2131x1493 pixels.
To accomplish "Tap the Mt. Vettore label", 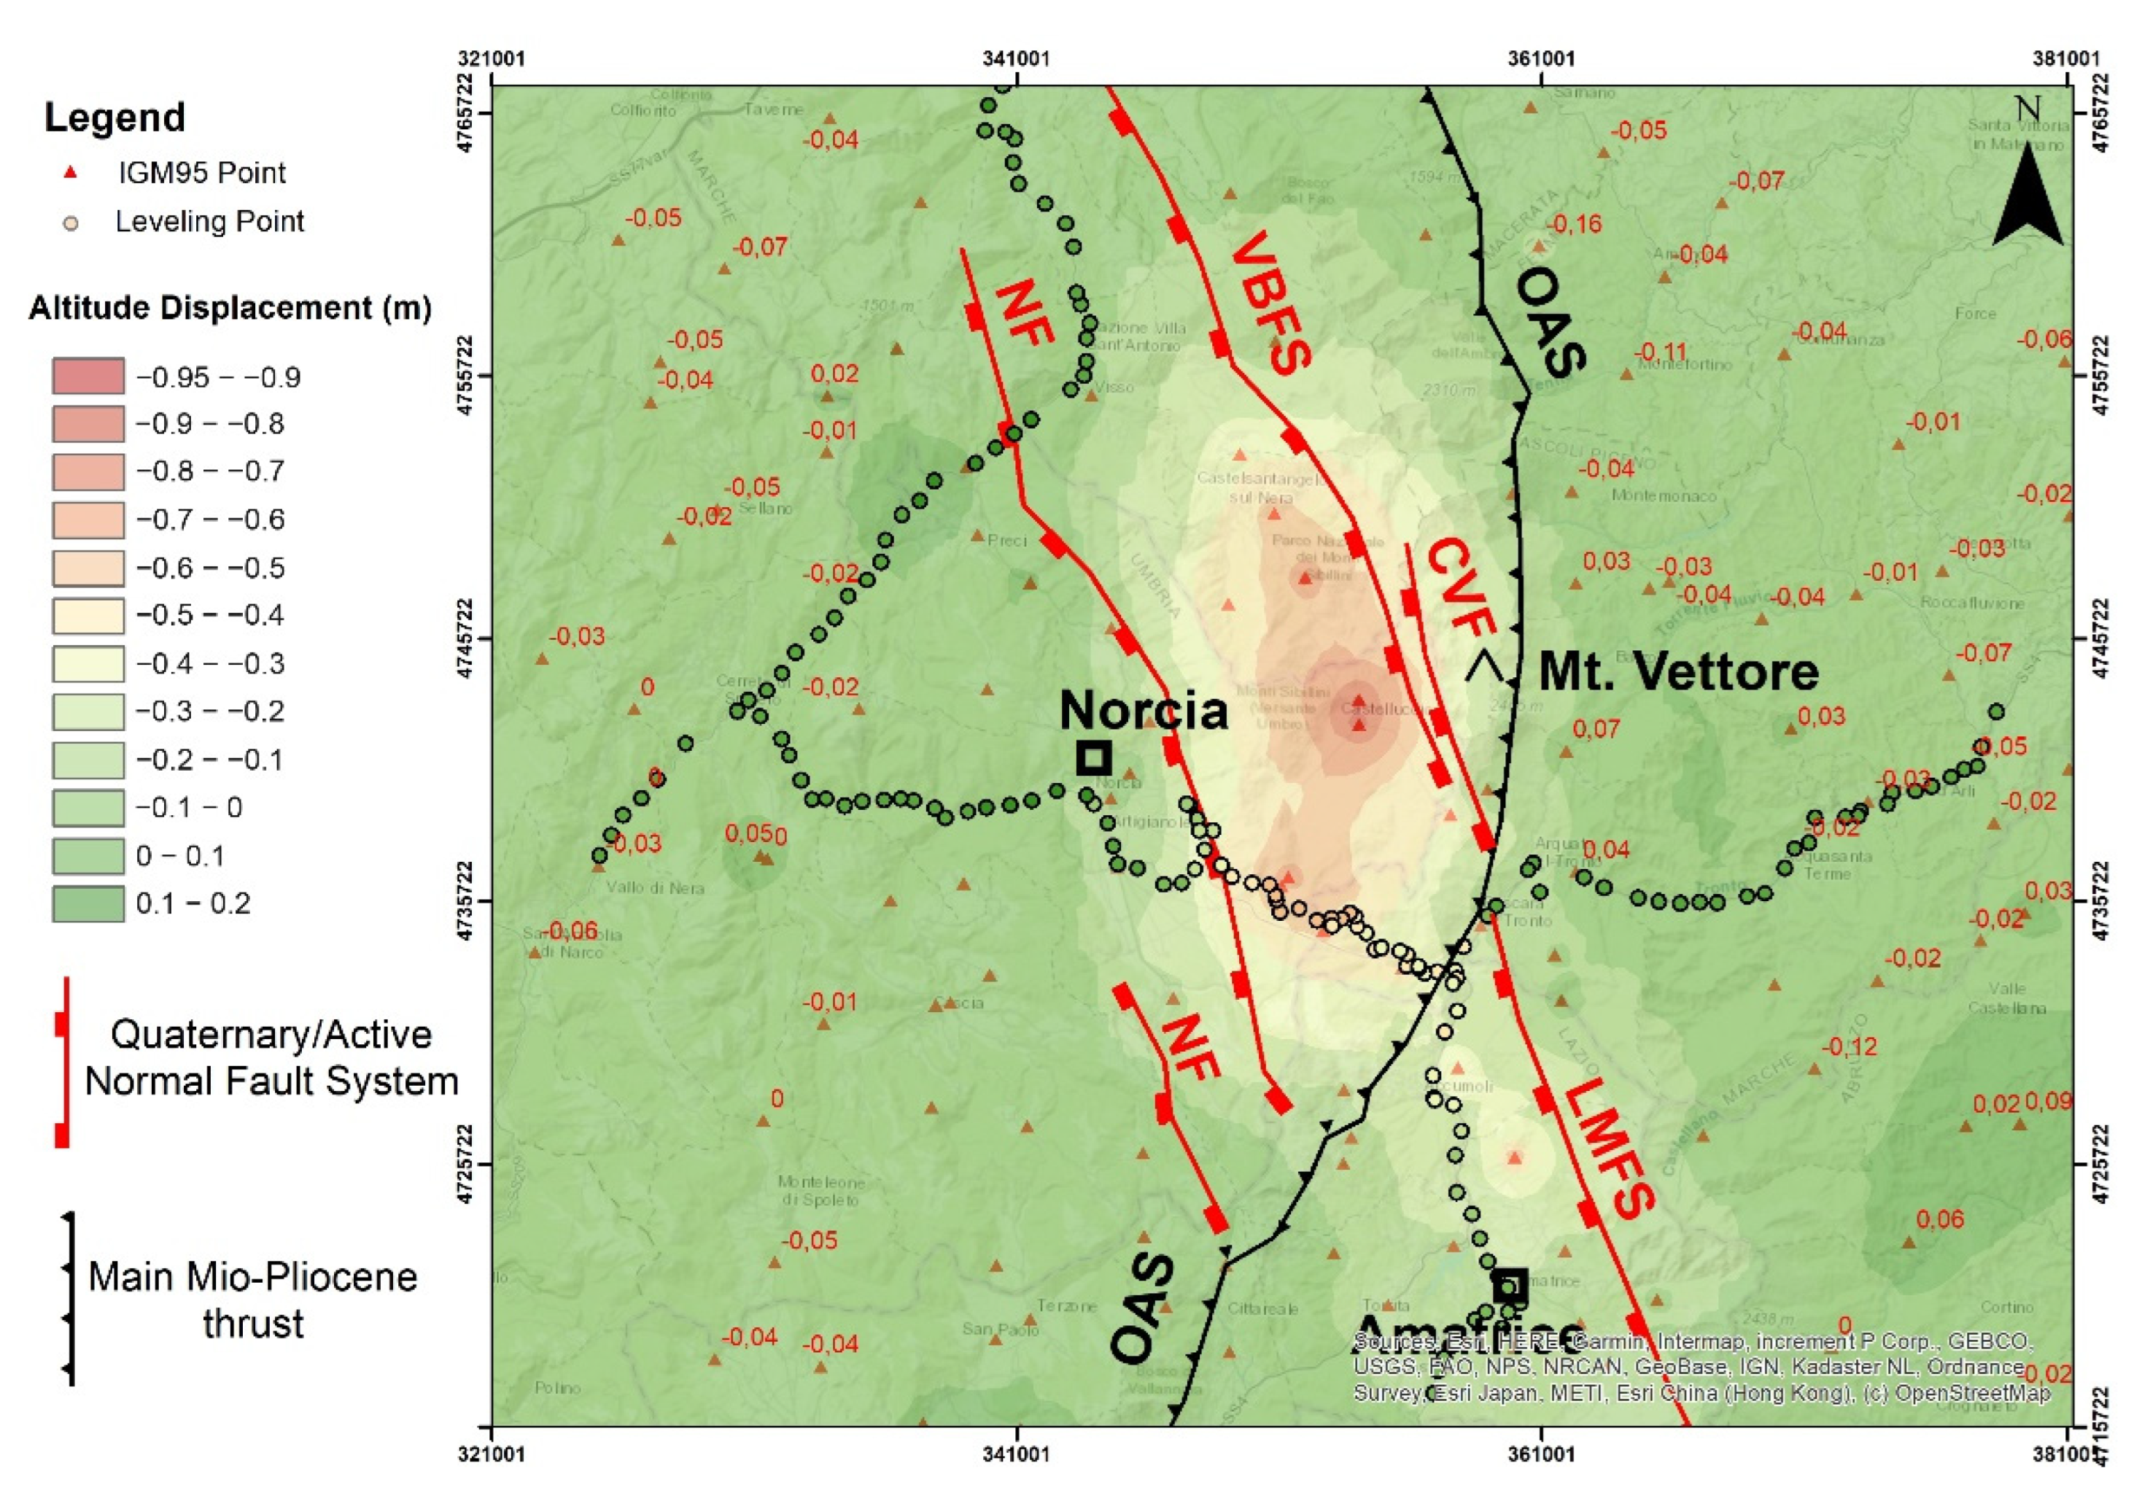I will click(1678, 671).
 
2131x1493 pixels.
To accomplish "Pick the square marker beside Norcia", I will click(1094, 757).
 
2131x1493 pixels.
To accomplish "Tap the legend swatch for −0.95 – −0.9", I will click(88, 376).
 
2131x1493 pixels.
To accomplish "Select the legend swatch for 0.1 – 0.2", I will click(88, 903).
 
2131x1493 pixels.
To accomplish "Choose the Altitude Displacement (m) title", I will click(230, 307).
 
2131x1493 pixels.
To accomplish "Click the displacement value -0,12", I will click(1849, 1046).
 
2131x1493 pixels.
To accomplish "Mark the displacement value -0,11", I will click(1659, 352).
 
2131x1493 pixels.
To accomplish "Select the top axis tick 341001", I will click(1017, 58).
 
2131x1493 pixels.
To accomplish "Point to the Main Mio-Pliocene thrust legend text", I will click(252, 1299).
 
